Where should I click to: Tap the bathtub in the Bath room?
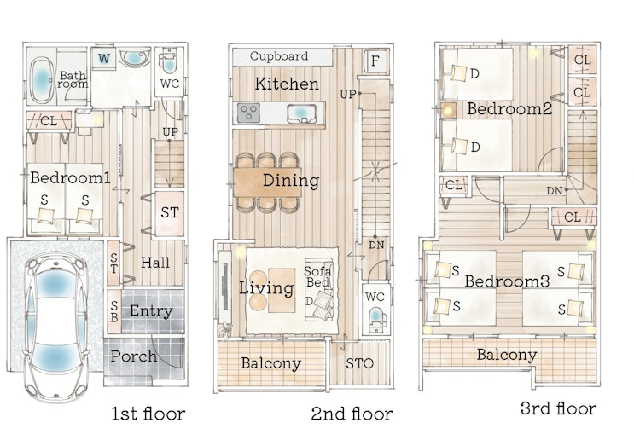[x=41, y=78]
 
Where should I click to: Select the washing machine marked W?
[x=103, y=59]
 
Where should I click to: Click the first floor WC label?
[x=170, y=84]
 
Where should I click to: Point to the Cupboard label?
[x=279, y=55]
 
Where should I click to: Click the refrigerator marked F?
[x=375, y=61]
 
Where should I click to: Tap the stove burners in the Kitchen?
[x=248, y=113]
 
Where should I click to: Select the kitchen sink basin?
[x=301, y=113]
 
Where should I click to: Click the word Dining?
[x=291, y=180]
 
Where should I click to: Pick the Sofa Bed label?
[x=317, y=277]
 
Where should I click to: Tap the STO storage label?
[x=359, y=363]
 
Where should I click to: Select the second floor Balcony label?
[x=270, y=363]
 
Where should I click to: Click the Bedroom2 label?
[x=509, y=108]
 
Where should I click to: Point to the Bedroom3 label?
[x=507, y=281]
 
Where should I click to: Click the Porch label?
[x=134, y=356]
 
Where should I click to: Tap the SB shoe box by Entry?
[x=114, y=311]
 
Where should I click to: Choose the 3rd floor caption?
[x=558, y=408]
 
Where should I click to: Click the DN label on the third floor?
[x=555, y=191]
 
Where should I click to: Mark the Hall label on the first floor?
[x=155, y=263]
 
